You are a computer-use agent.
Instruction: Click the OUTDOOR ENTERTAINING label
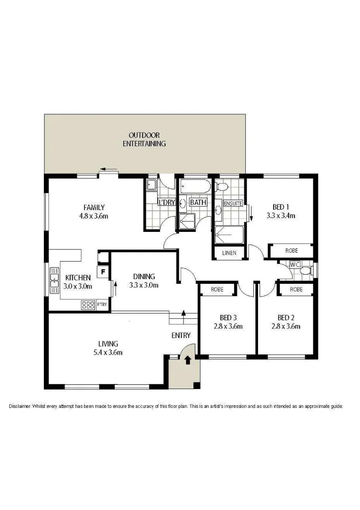(x=144, y=139)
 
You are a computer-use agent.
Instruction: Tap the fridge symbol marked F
(x=102, y=272)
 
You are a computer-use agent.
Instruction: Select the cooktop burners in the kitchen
(x=88, y=305)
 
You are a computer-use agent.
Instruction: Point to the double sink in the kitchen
(x=53, y=281)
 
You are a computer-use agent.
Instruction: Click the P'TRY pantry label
(x=102, y=305)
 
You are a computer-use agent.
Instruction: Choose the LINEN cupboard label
(x=229, y=254)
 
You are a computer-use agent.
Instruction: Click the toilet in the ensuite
(x=222, y=186)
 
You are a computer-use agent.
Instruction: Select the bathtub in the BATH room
(x=194, y=186)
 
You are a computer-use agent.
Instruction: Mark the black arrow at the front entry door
(x=188, y=360)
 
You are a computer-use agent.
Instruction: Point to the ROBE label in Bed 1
(x=291, y=251)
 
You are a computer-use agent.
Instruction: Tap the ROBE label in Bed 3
(x=217, y=289)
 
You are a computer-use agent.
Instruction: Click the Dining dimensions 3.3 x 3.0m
(x=143, y=285)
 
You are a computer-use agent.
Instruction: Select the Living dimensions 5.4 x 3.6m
(x=108, y=352)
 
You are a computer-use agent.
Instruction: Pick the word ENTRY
(x=181, y=336)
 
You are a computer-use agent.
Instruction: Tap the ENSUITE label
(x=233, y=204)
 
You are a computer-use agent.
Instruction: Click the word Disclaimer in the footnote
(x=19, y=406)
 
